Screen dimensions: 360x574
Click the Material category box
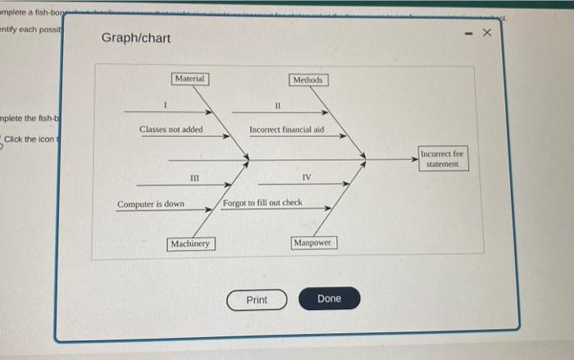click(190, 78)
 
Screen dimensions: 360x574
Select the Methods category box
click(309, 80)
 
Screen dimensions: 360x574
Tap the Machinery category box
click(191, 244)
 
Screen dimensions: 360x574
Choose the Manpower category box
click(312, 244)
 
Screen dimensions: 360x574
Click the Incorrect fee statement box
click(443, 159)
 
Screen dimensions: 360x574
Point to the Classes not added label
click(171, 130)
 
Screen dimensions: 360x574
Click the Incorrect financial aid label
click(287, 130)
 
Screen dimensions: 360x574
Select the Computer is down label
click(151, 204)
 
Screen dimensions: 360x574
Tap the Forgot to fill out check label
click(262, 203)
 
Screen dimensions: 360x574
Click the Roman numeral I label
click(166, 105)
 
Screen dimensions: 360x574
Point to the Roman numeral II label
click(278, 105)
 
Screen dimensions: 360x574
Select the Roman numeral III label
click(194, 178)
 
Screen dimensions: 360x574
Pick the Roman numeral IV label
click(307, 178)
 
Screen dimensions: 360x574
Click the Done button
click(329, 299)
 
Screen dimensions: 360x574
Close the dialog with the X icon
click(486, 34)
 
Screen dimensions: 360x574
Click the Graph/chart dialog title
click(136, 39)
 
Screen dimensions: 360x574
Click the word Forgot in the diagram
click(235, 203)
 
